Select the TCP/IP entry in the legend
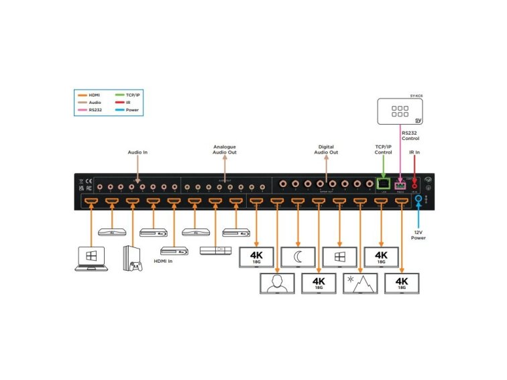[x=133, y=95]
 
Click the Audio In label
[x=137, y=152]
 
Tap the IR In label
[x=414, y=152]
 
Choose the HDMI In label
[x=164, y=261]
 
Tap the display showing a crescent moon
[x=296, y=255]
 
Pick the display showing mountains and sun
[x=359, y=283]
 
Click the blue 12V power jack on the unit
[x=419, y=198]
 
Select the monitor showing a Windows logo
[x=338, y=255]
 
